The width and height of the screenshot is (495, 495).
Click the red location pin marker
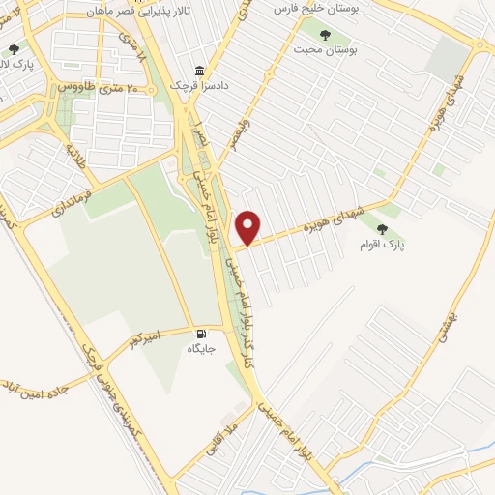point(248,226)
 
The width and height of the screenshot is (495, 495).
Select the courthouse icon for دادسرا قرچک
point(199,71)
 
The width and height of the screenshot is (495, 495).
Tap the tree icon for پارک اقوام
point(384,229)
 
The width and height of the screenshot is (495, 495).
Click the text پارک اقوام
point(383,246)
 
